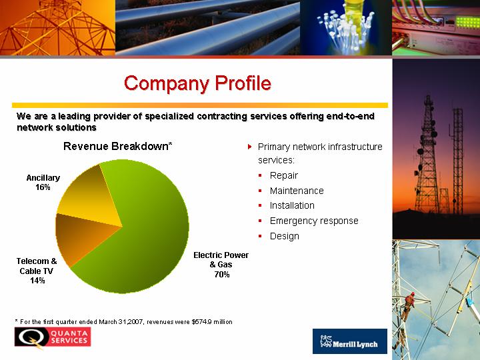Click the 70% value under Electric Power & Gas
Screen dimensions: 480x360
[x=222, y=274]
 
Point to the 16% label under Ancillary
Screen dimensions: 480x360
[x=43, y=187]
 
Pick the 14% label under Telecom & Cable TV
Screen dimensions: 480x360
[x=37, y=280]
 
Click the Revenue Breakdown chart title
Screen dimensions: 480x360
[x=117, y=146]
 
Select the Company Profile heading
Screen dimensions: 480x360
[x=197, y=83]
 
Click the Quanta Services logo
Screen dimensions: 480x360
[x=53, y=338]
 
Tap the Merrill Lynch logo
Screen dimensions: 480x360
[x=350, y=341]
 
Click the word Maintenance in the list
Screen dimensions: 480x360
[x=297, y=191]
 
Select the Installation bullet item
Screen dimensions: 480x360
[x=292, y=205]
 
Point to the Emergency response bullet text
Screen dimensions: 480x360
[x=314, y=221]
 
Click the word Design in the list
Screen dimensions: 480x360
[x=285, y=236]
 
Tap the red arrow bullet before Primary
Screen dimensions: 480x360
[x=250, y=147]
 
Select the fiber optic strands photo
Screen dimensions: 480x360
[x=346, y=27]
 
